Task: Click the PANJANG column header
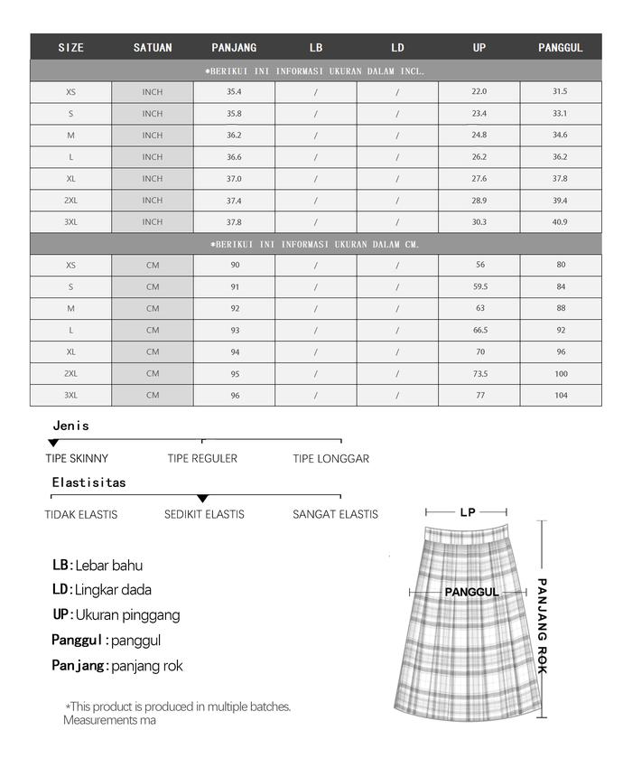234,48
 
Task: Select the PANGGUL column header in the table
560,48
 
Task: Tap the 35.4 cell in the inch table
234,92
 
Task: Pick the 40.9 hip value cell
560,222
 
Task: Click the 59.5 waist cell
479,287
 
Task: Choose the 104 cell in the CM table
560,396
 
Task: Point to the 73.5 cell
479,374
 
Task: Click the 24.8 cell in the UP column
479,136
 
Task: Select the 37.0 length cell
234,179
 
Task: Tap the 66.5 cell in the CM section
479,331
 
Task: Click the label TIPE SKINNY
77,459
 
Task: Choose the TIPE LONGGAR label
330,459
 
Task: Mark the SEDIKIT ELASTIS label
204,515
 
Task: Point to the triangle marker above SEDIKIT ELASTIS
202,499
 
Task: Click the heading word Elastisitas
88,482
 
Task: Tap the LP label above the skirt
467,512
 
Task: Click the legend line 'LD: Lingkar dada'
102,590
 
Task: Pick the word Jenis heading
71,426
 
